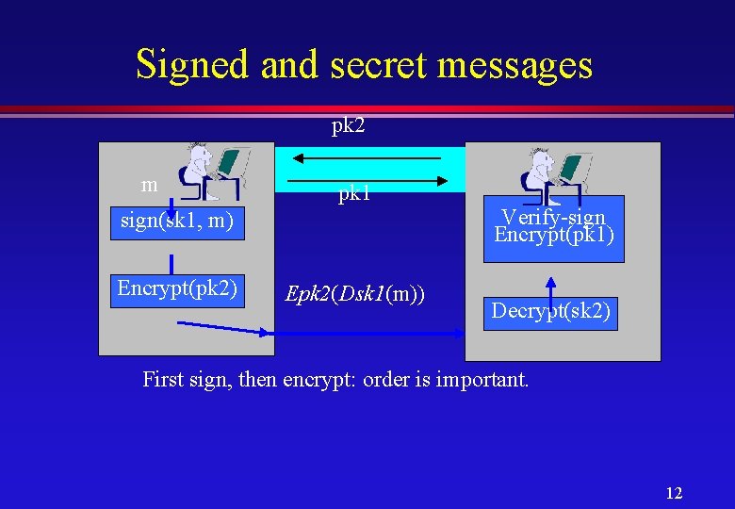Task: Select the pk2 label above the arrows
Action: click(x=348, y=125)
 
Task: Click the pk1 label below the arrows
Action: click(x=354, y=194)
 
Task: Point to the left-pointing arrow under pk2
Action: click(x=363, y=159)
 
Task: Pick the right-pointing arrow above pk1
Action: click(x=363, y=179)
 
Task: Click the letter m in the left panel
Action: click(x=148, y=185)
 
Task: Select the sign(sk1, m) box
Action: click(x=176, y=222)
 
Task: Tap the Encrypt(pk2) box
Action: click(x=176, y=288)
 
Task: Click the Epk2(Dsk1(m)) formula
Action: click(x=355, y=294)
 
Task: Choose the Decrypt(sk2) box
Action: click(x=551, y=311)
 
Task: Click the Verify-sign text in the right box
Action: click(x=553, y=218)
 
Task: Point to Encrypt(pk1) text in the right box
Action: click(x=554, y=234)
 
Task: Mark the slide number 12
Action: click(x=674, y=492)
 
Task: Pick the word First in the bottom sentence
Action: click(x=164, y=381)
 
